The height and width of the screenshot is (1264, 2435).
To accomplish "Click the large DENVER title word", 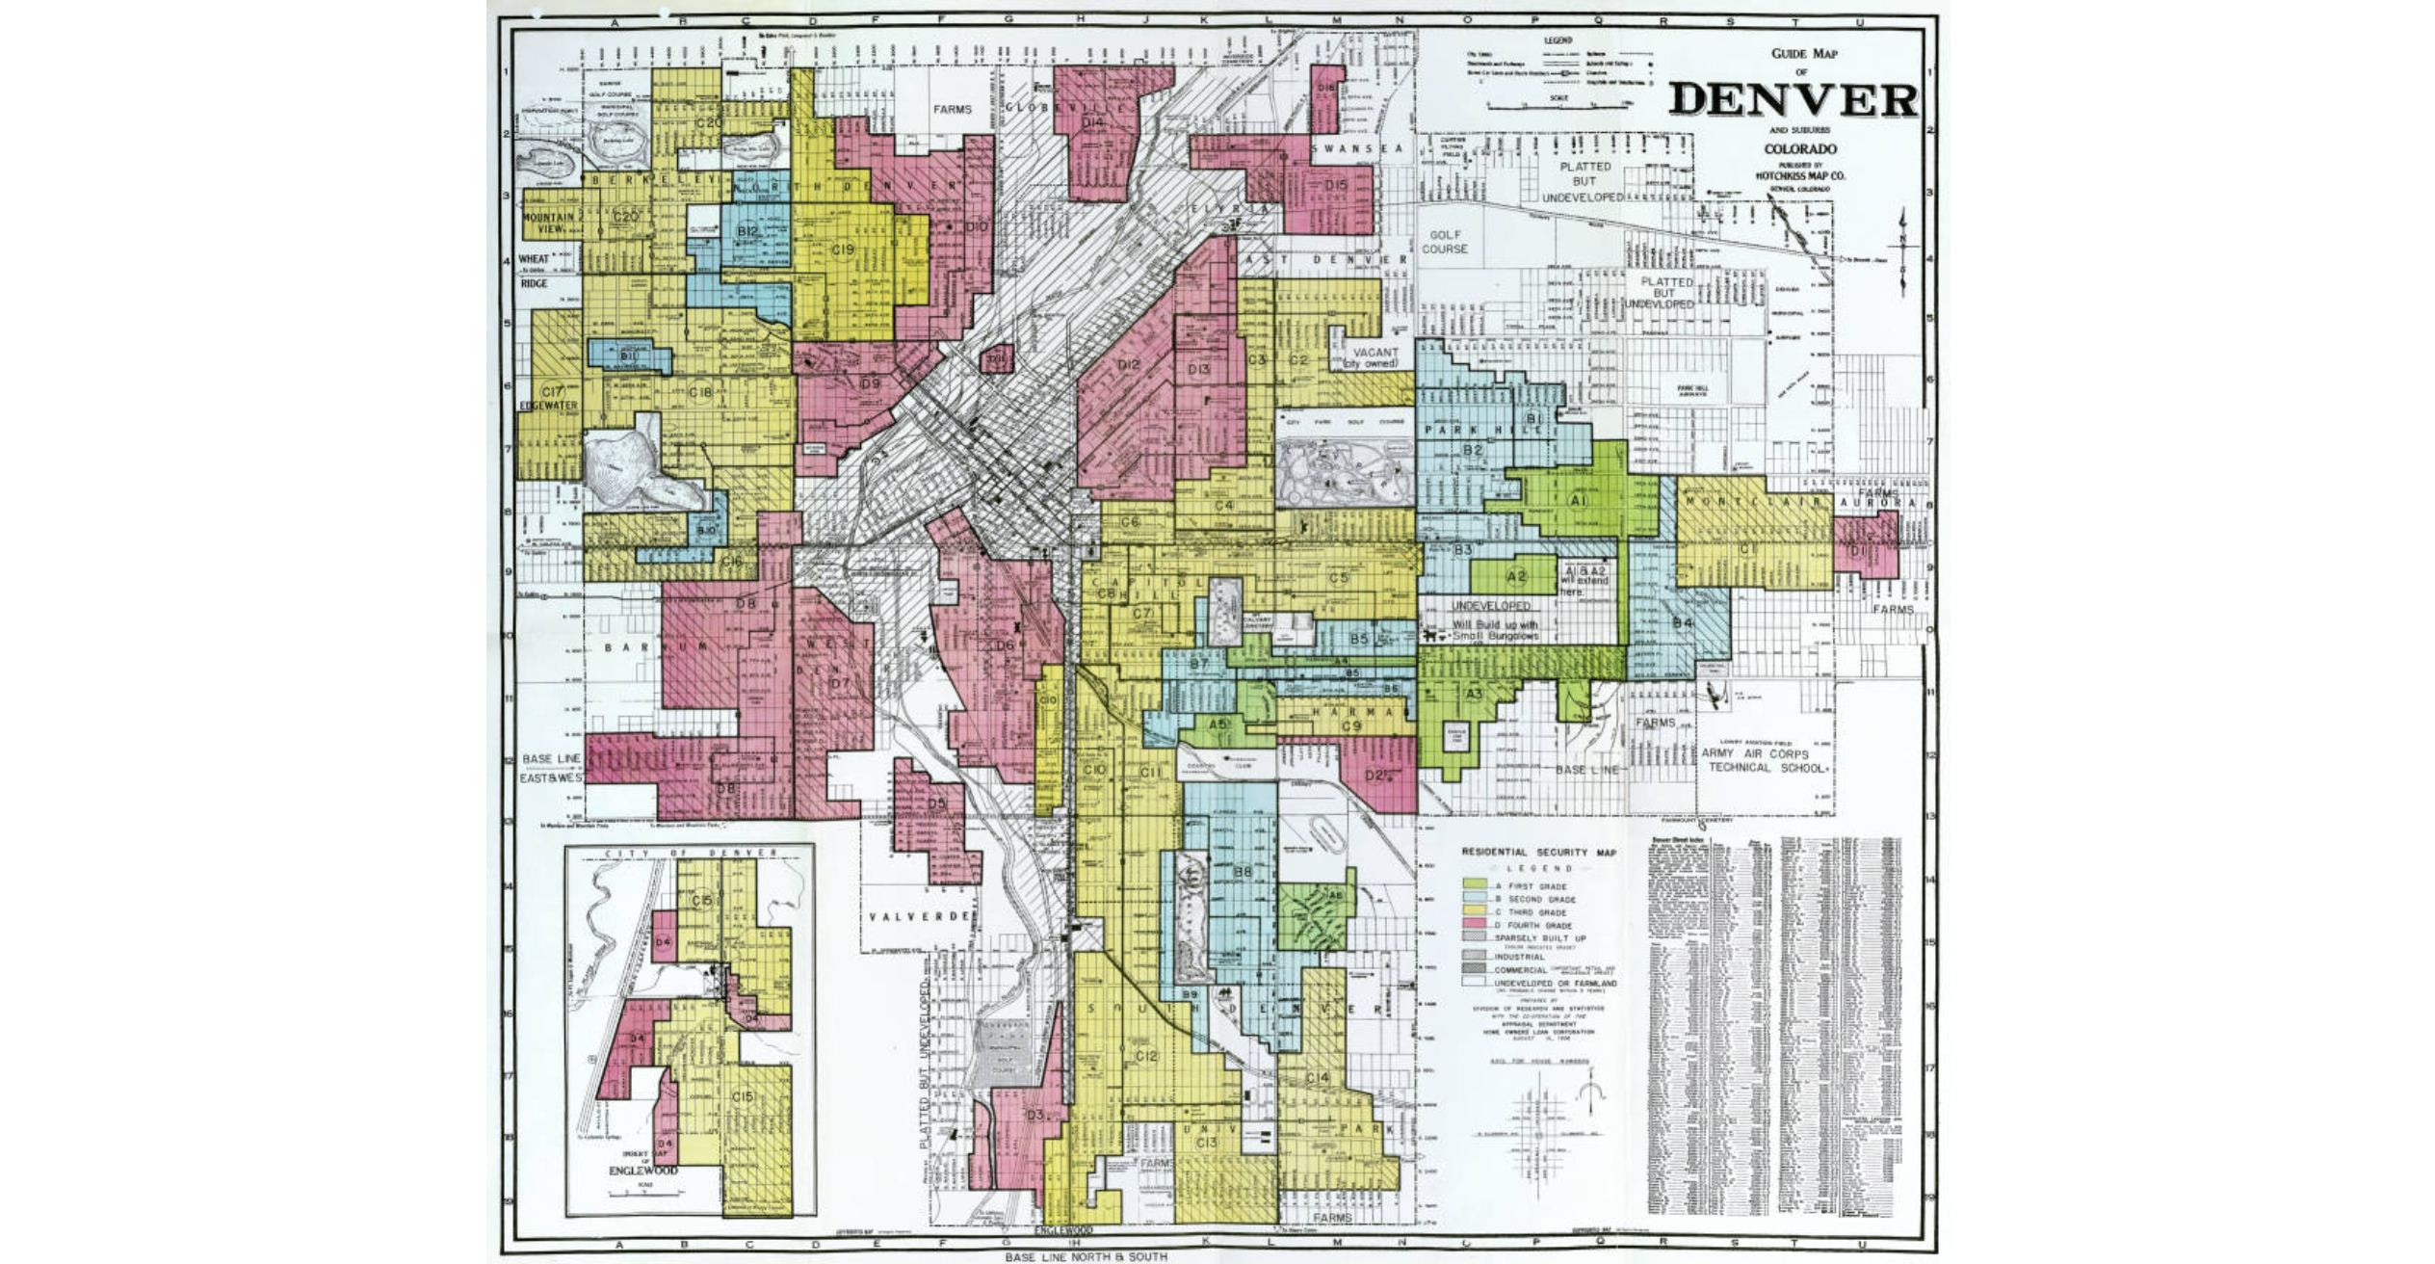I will pyautogui.click(x=1793, y=100).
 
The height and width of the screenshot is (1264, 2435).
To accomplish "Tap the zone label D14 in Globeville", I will pyautogui.click(x=1092, y=122).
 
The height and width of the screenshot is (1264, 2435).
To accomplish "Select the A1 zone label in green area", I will pyautogui.click(x=1578, y=501).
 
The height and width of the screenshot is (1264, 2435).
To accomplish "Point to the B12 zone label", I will pyautogui.click(x=747, y=231).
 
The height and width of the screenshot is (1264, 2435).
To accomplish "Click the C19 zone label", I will pyautogui.click(x=843, y=250).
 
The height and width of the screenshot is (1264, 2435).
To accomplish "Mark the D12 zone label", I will pyautogui.click(x=1129, y=365).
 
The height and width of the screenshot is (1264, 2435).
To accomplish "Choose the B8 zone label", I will pyautogui.click(x=1243, y=872).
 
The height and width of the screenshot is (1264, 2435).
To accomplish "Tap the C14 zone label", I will pyautogui.click(x=1317, y=1077).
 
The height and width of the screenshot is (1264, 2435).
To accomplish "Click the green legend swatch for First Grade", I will pyautogui.click(x=1474, y=884).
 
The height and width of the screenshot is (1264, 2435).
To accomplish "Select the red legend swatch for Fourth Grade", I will pyautogui.click(x=1474, y=924).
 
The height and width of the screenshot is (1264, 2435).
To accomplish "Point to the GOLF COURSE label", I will pyautogui.click(x=1445, y=242).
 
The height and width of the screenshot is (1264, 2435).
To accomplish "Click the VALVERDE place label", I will pyautogui.click(x=918, y=916).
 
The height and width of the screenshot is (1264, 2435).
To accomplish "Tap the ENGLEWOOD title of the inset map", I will pyautogui.click(x=642, y=1171).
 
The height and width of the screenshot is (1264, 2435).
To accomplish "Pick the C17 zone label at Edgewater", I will pyautogui.click(x=552, y=392).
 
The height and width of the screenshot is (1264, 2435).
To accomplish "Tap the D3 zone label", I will pyautogui.click(x=1034, y=1115).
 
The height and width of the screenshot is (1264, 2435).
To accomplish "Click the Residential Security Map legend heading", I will pyautogui.click(x=1538, y=853).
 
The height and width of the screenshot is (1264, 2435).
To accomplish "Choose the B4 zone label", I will pyautogui.click(x=1682, y=623).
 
